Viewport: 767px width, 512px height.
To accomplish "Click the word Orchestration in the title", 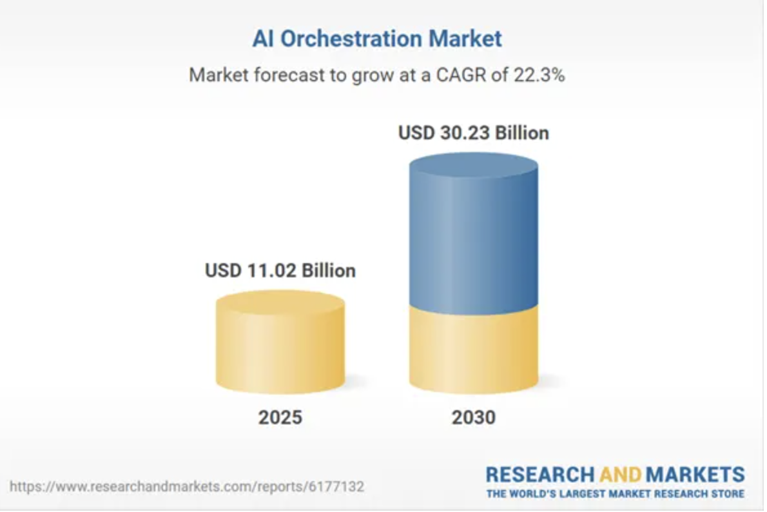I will (352, 39).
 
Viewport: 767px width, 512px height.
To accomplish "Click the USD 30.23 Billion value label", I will (474, 133).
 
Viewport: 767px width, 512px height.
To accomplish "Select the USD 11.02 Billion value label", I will (280, 270).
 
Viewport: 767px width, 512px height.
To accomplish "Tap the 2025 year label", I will (280, 418).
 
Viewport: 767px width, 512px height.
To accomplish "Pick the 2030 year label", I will (474, 418).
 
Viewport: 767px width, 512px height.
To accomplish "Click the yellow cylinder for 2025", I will (280, 348).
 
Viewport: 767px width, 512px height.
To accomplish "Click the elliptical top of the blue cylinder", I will (474, 165).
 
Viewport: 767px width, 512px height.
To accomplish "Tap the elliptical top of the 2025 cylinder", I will (280, 302).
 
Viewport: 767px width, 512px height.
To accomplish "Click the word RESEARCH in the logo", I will (541, 475).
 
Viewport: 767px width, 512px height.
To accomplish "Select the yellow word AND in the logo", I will (620, 475).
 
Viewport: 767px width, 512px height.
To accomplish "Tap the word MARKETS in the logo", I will (695, 475).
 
